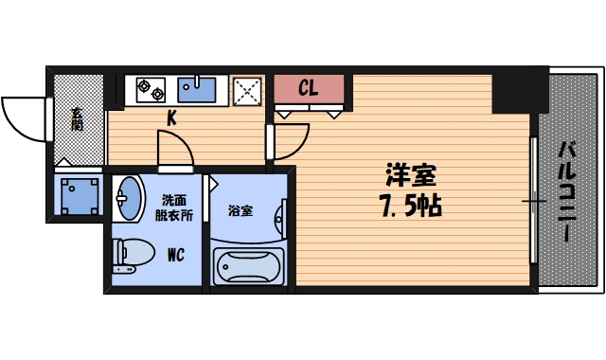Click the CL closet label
tap(308, 89)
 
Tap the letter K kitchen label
tap(172, 118)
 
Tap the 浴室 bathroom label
tap(240, 210)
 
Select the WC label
tap(176, 254)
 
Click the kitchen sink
tap(198, 90)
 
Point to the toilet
tap(133, 254)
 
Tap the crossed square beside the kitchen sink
tap(248, 91)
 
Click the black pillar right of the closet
tap(520, 91)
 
